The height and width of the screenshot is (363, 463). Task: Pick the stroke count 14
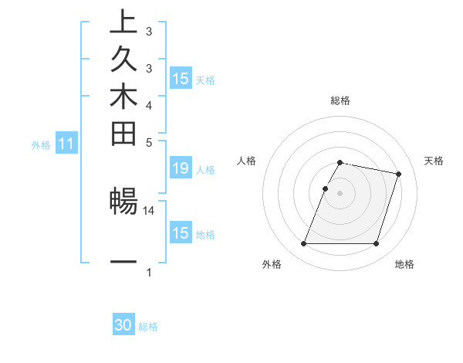(149, 210)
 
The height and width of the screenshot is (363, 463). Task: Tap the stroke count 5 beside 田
(149, 142)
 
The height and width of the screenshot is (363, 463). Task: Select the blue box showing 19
(181, 169)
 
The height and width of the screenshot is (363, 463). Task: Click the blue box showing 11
(66, 144)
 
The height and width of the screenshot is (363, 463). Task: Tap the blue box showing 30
(123, 326)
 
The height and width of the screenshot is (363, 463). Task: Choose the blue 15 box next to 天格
(181, 79)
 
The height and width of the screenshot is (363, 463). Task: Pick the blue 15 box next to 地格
(181, 233)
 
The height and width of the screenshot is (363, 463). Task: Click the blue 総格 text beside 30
(148, 327)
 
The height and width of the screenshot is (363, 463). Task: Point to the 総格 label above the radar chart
(340, 100)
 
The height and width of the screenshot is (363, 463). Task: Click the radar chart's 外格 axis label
(272, 265)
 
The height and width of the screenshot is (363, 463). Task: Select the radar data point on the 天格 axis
(398, 175)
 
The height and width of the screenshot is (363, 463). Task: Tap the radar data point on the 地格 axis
(376, 244)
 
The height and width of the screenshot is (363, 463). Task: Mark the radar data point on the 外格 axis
(304, 244)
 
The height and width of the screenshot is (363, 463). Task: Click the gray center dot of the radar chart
(340, 193)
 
